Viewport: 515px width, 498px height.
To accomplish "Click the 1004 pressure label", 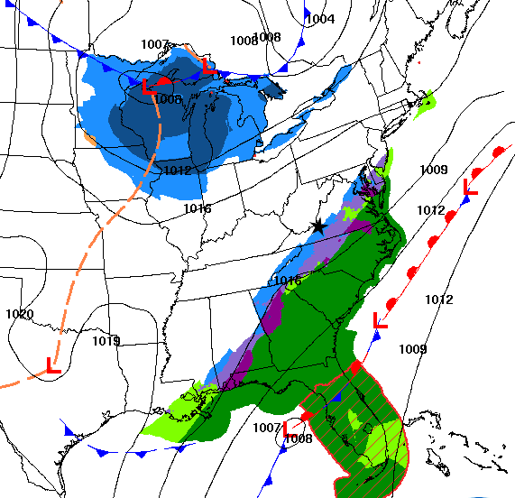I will pyautogui.click(x=320, y=19).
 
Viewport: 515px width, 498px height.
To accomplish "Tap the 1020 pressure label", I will pyautogui.click(x=18, y=315).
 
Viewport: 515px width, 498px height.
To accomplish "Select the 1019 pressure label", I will pyautogui.click(x=106, y=341).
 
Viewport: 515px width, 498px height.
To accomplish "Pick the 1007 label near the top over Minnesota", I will pyautogui.click(x=155, y=44).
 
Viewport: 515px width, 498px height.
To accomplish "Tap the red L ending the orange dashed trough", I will pyautogui.click(x=52, y=366).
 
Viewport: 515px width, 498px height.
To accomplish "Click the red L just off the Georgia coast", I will pyautogui.click(x=381, y=319).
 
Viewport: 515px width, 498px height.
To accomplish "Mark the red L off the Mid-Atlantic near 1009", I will pyautogui.click(x=470, y=187).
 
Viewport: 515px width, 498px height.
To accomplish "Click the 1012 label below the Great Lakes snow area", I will pyautogui.click(x=178, y=171).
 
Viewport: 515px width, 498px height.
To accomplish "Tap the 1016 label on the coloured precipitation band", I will pyautogui.click(x=288, y=281).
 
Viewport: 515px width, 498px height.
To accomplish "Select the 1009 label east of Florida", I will pyautogui.click(x=413, y=349).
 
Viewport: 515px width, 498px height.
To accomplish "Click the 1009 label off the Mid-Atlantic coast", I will pyautogui.click(x=434, y=170).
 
